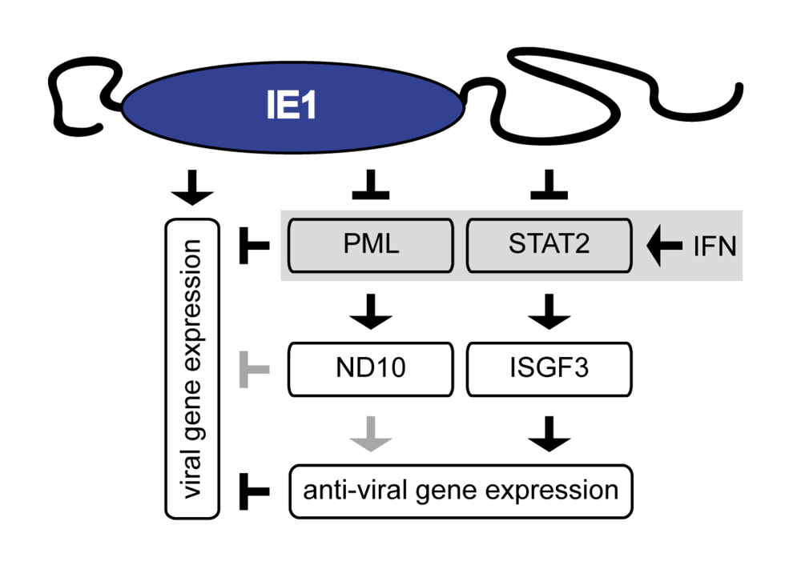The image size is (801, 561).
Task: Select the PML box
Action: tap(369, 245)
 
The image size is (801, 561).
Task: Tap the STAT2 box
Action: tap(549, 245)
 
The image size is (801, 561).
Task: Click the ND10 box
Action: tap(369, 369)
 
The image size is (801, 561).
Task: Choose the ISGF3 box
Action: tap(549, 369)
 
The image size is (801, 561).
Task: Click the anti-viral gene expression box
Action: tap(461, 490)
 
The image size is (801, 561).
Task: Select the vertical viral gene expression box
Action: tap(192, 367)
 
